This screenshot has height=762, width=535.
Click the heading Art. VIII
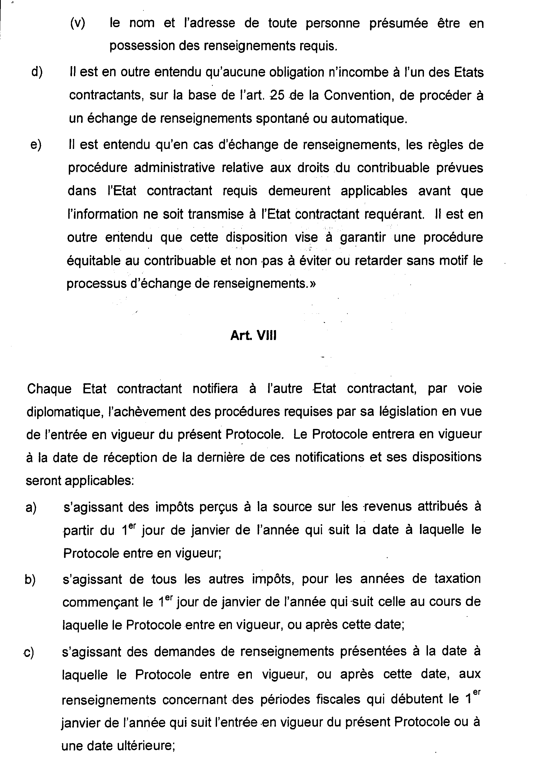[253, 335]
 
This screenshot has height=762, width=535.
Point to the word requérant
[395, 214]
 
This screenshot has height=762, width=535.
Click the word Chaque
[49, 388]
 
